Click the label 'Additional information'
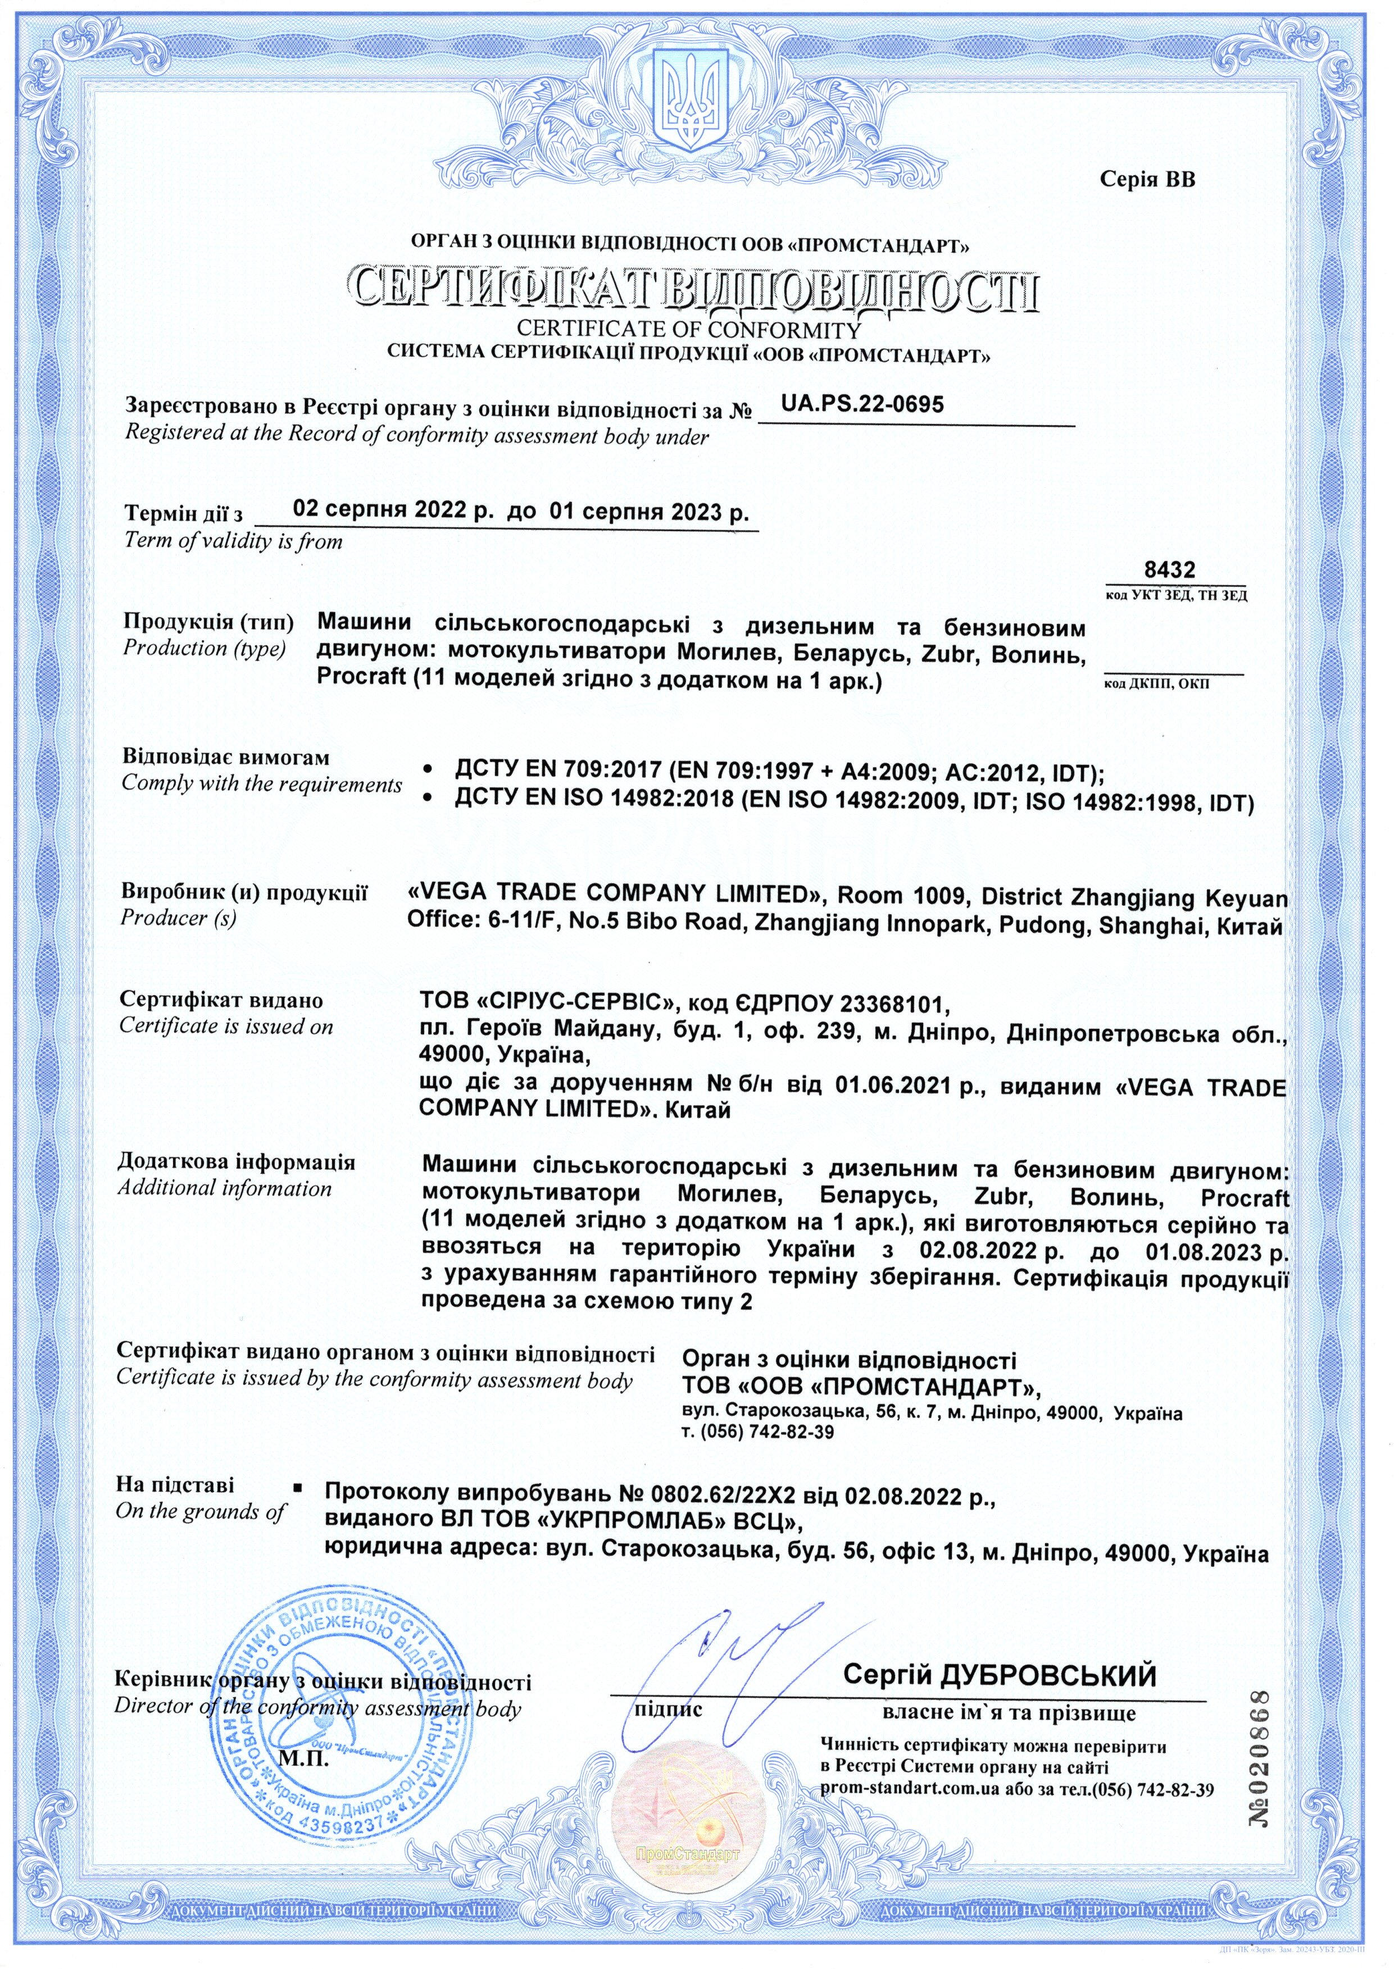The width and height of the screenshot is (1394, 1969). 224,1188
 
